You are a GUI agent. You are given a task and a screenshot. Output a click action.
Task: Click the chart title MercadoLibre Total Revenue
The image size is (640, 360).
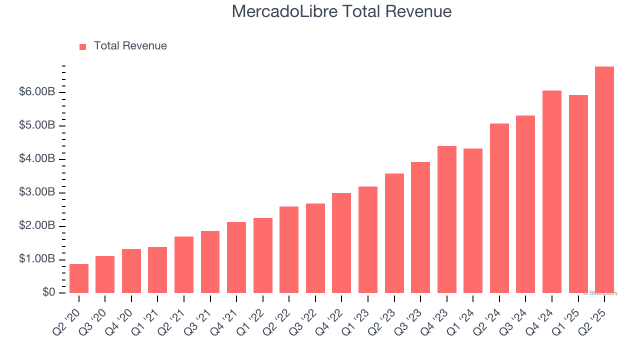pyautogui.click(x=341, y=11)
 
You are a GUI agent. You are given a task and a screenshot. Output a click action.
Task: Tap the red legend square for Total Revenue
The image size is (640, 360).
pyautogui.click(x=83, y=46)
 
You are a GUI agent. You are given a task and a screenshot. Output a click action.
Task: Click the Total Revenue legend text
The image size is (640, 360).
pyautogui.click(x=130, y=46)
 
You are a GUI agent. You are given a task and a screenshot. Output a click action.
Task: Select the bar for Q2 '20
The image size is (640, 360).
pyautogui.click(x=79, y=278)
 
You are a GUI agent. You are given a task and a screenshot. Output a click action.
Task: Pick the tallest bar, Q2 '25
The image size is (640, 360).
pyautogui.click(x=604, y=180)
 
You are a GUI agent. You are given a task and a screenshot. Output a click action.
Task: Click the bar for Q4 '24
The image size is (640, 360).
pyautogui.click(x=551, y=192)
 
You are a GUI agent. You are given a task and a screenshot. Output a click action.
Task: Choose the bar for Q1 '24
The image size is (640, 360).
pyautogui.click(x=473, y=220)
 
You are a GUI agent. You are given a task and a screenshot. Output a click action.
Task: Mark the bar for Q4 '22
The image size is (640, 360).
pyautogui.click(x=341, y=243)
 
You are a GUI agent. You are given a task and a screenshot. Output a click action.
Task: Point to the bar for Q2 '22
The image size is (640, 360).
pyautogui.click(x=289, y=249)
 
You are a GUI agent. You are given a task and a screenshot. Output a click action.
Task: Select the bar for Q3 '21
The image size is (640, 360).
pyautogui.click(x=210, y=262)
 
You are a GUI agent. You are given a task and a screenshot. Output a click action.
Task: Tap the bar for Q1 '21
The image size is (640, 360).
pyautogui.click(x=157, y=270)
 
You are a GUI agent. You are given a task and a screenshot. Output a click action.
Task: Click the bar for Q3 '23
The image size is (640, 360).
pyautogui.click(x=420, y=227)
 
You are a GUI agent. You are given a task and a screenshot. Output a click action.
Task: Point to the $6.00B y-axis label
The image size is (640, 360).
pyautogui.click(x=37, y=92)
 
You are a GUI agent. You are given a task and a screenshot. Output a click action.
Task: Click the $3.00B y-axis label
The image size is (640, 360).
pyautogui.click(x=37, y=192)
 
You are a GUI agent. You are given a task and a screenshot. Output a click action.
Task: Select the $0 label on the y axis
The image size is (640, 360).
pyautogui.click(x=48, y=292)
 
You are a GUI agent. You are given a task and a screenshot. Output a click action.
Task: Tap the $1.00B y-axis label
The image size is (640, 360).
pyautogui.click(x=37, y=259)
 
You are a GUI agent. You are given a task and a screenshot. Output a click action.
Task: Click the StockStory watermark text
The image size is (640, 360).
pyautogui.click(x=600, y=293)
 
